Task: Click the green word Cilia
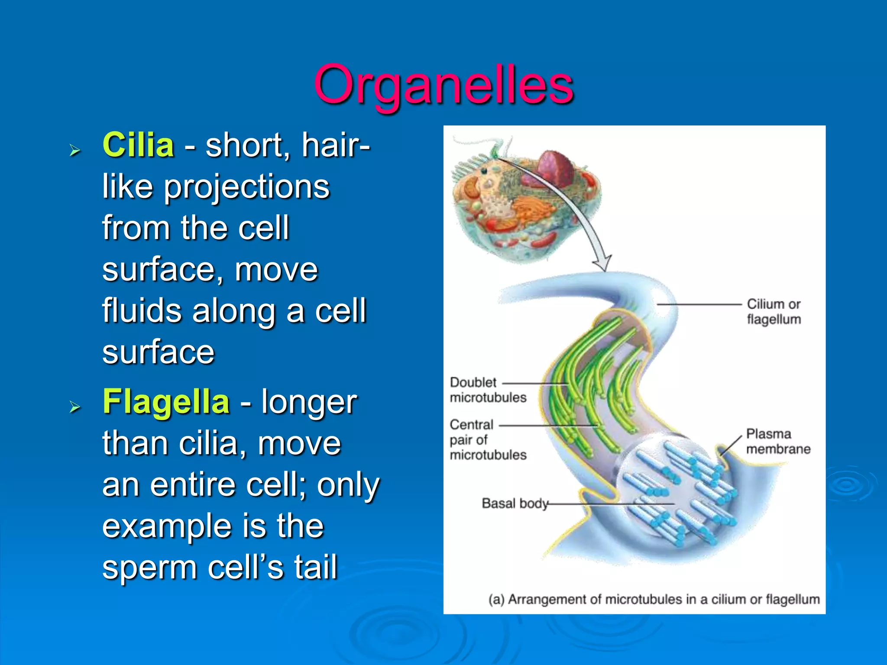click(138, 145)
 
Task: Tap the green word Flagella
click(166, 402)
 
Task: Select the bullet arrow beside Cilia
click(75, 151)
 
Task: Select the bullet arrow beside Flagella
click(75, 407)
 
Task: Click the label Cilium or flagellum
click(774, 312)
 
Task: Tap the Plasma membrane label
click(777, 441)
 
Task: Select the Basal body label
click(515, 504)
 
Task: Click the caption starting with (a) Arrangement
click(654, 600)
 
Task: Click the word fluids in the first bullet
click(142, 311)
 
